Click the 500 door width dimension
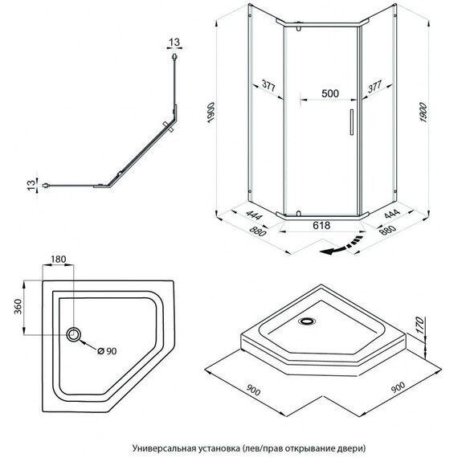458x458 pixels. [330, 93]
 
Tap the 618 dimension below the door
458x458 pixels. [321, 225]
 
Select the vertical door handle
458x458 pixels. [352, 122]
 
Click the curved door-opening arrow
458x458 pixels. [341, 246]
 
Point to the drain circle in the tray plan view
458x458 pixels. [74, 334]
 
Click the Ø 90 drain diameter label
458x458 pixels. [107, 351]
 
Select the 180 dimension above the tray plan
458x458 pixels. [59, 259]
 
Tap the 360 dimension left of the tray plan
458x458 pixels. [18, 306]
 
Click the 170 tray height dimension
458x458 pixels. [419, 325]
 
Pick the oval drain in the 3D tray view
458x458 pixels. [306, 321]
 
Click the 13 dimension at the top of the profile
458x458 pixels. [174, 43]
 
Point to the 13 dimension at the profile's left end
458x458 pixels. [31, 185]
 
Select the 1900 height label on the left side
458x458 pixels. [211, 112]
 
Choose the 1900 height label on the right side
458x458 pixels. [423, 112]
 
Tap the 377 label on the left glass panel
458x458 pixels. [268, 86]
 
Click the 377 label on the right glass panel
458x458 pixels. [374, 87]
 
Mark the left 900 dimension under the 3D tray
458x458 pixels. [253, 391]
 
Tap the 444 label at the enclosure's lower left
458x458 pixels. [255, 215]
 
